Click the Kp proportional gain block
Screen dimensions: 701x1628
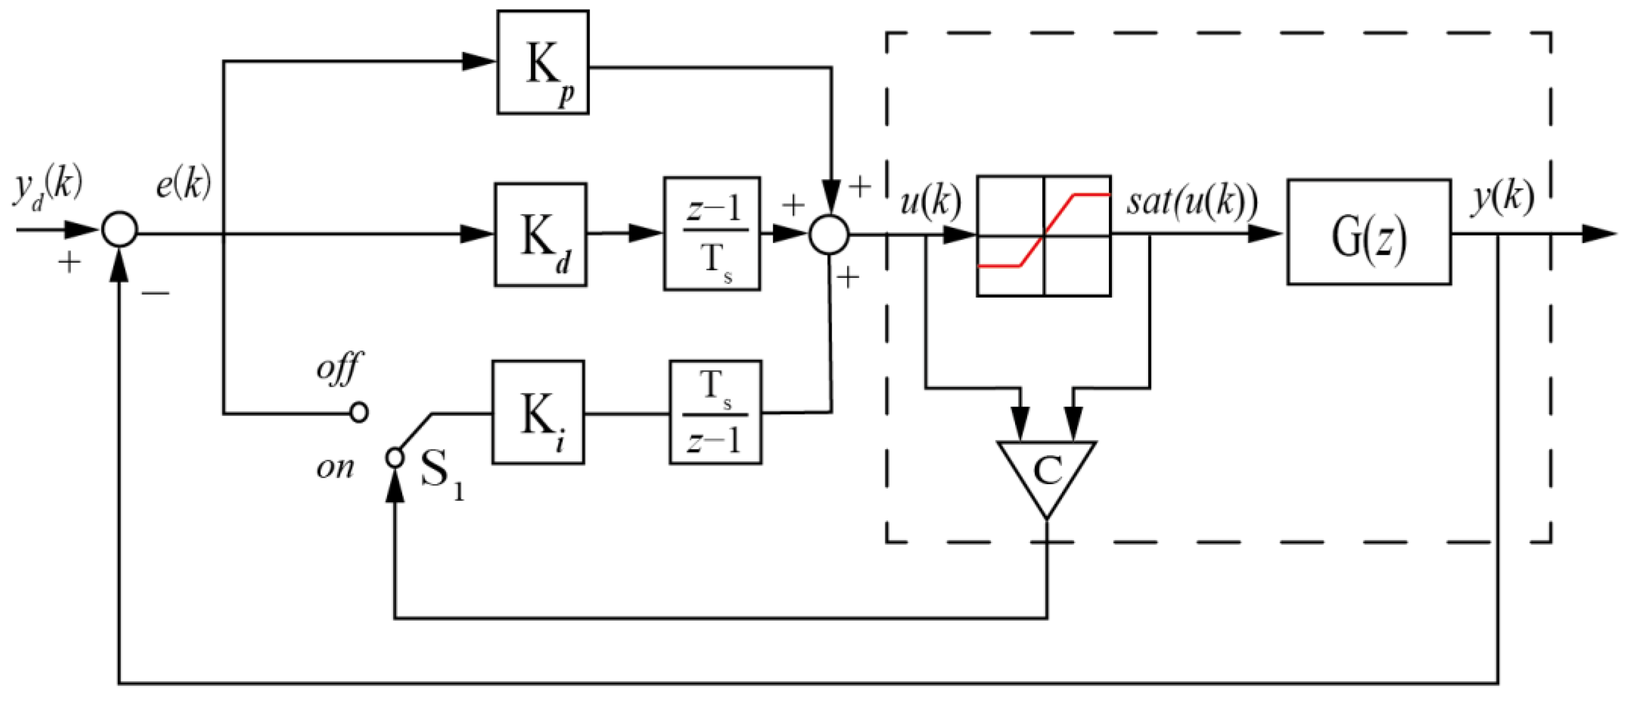tap(543, 62)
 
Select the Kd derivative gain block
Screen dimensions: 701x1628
tap(540, 235)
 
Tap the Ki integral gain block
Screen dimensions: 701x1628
tap(538, 413)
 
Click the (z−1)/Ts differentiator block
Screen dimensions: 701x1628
tap(712, 234)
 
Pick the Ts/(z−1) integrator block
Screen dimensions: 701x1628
tap(715, 413)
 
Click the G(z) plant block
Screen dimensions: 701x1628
tap(1369, 232)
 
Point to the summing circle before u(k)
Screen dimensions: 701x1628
tap(830, 235)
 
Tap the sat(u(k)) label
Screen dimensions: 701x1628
tap(1192, 202)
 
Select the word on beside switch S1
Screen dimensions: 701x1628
tap(335, 468)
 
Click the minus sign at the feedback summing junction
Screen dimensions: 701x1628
tap(155, 292)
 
